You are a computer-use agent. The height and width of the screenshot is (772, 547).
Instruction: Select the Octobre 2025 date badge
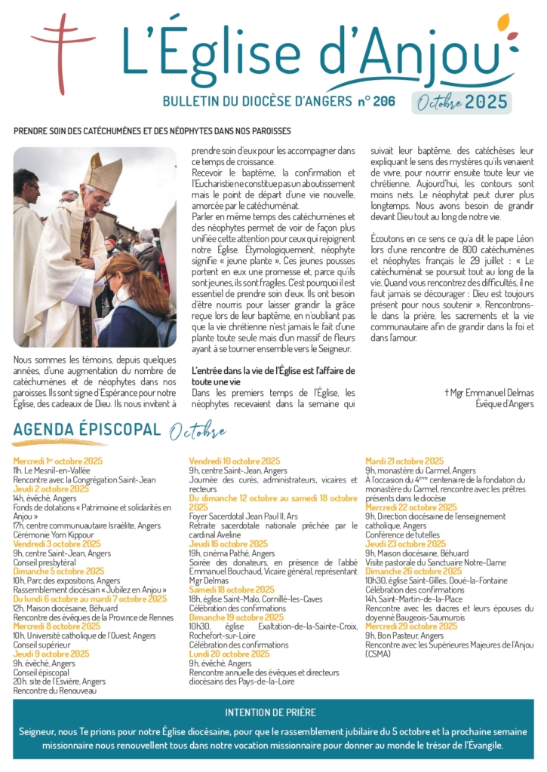pos(462,103)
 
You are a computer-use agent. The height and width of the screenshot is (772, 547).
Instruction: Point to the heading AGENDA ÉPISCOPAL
pos(87,430)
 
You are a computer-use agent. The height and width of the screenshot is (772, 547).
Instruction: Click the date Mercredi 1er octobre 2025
pos(57,461)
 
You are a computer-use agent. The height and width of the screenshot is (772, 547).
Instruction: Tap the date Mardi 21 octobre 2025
pos(404,461)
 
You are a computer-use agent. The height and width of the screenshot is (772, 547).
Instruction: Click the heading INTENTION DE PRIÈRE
pos(270,712)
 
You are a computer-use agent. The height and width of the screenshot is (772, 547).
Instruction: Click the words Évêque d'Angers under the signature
pos(504,404)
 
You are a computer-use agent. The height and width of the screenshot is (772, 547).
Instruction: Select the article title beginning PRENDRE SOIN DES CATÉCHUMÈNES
pos(152,131)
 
